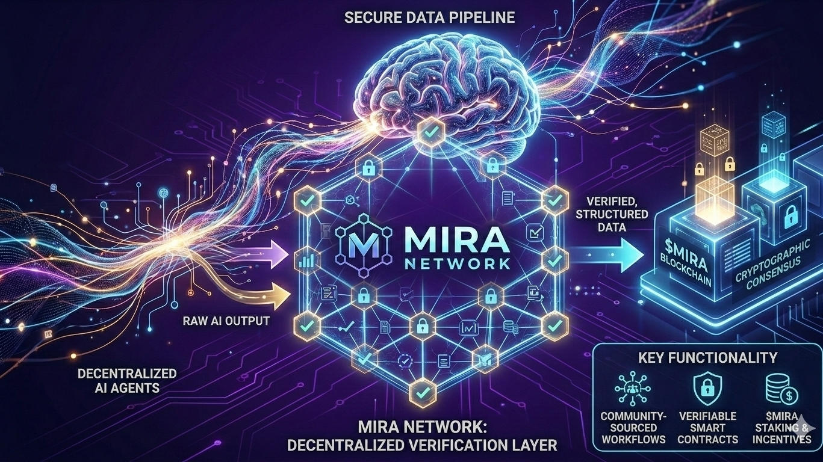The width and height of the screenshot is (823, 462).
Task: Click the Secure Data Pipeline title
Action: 429,17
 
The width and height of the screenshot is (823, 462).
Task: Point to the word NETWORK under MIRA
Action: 458,263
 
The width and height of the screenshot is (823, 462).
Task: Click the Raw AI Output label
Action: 226,321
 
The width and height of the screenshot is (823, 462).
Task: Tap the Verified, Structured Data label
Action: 611,214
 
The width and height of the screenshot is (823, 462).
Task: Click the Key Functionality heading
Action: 706,357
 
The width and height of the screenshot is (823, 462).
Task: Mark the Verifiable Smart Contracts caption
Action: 707,427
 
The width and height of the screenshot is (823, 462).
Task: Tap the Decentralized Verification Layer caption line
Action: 422,446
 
